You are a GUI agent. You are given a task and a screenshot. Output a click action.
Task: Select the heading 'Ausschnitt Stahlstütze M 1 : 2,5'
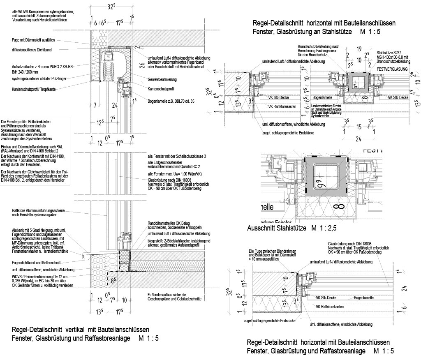tap(294, 228)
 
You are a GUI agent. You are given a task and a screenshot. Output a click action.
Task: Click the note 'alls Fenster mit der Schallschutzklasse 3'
tap(176, 157)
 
